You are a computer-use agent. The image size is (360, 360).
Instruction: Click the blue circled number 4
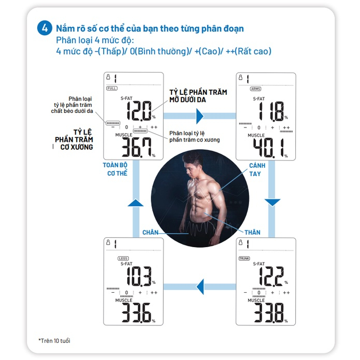pyautogui.click(x=45, y=28)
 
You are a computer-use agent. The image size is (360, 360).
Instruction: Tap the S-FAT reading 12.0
pyautogui.click(x=139, y=111)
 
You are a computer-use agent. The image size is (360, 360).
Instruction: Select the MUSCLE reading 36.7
pyautogui.click(x=137, y=148)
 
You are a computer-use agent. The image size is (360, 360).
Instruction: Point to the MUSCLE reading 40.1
pyautogui.click(x=269, y=148)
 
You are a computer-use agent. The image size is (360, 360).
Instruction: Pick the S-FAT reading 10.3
pyautogui.click(x=139, y=277)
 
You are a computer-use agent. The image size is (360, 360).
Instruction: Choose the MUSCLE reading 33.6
pyautogui.click(x=137, y=313)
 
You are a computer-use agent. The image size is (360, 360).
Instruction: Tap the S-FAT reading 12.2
pyautogui.click(x=271, y=277)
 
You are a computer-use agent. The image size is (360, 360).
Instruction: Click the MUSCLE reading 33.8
pyautogui.click(x=269, y=313)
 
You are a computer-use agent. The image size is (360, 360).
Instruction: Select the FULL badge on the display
pyautogui.click(x=112, y=89)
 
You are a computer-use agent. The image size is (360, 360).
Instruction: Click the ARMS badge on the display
pyautogui.click(x=255, y=89)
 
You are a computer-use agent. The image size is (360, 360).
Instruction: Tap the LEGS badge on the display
pyautogui.click(x=123, y=258)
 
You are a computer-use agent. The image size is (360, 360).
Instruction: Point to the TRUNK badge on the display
pyautogui.click(x=244, y=258)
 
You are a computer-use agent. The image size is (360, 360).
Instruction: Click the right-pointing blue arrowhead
pyautogui.click(x=200, y=116)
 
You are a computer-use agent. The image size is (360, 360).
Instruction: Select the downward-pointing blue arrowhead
pyautogui.click(x=272, y=203)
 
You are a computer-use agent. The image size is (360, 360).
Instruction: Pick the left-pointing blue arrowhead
pyautogui.click(x=200, y=286)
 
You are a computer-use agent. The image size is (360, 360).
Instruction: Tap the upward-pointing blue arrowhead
pyautogui.click(x=136, y=203)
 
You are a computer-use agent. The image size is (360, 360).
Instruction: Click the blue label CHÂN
pyautogui.click(x=150, y=232)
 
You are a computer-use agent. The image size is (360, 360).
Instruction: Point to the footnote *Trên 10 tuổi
pyautogui.click(x=54, y=341)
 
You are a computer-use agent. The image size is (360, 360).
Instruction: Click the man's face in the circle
pyautogui.click(x=192, y=166)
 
